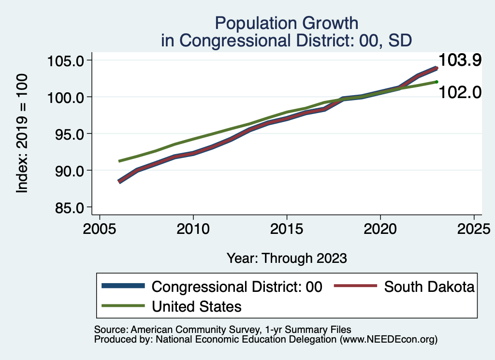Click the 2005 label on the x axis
(99, 228)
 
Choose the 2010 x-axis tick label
(193, 228)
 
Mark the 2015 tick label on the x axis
(287, 228)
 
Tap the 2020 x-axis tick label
(380, 228)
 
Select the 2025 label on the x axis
(474, 228)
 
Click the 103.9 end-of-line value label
(460, 60)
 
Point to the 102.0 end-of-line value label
(460, 92)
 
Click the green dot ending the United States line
(437, 82)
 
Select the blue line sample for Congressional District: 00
(123, 286)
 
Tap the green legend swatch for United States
(123, 306)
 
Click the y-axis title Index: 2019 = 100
(22, 134)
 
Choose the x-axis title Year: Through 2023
(287, 258)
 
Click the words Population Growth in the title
(287, 23)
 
